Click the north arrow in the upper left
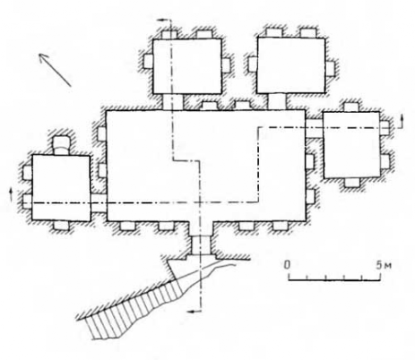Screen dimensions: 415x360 pos(56,70)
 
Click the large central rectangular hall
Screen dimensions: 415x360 pos(206,166)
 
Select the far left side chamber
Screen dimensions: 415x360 pos(61,188)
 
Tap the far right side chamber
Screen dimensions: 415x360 pos(351,145)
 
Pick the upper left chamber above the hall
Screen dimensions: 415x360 pos(187,66)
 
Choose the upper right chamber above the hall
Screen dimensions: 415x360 pos(291,65)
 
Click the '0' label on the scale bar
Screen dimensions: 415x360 pos(287,264)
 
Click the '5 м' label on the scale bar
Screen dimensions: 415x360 pos(385,265)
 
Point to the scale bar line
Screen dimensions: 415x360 pos(334,279)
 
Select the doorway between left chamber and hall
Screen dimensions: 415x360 pos(99,203)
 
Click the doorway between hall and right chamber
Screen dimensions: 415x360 pos(315,128)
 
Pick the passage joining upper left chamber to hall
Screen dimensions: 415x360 pos(172,102)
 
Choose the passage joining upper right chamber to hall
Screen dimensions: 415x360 pos(277,101)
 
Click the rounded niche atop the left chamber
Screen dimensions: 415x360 pos(62,145)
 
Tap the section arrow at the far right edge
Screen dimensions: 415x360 pos(402,121)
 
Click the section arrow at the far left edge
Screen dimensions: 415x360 pos(11,194)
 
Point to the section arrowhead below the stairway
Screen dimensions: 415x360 pos(195,312)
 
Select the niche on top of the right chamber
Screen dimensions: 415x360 pos(351,107)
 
